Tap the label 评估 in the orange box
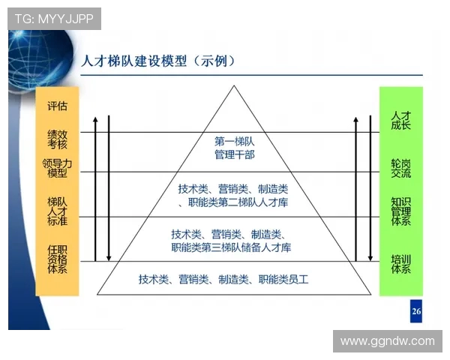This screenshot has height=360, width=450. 57,106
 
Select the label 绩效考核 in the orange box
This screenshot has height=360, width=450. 57,139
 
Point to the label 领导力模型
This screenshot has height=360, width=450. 57,169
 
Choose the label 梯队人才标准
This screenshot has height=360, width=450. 57,211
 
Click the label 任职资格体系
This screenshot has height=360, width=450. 57,259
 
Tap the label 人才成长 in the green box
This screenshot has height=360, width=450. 400,121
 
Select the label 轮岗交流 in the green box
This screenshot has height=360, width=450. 400,168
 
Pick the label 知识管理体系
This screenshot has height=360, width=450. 400,211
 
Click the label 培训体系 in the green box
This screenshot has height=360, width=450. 400,264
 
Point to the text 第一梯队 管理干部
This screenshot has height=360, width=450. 235,147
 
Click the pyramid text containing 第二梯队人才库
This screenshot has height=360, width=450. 234,195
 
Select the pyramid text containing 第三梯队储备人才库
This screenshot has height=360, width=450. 231,240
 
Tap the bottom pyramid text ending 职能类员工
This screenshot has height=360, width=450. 223,279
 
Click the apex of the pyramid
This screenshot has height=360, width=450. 235,88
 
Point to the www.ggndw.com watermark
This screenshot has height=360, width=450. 387,341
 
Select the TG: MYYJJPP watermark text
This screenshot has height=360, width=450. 54,19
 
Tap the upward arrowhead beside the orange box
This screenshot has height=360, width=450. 95,119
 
